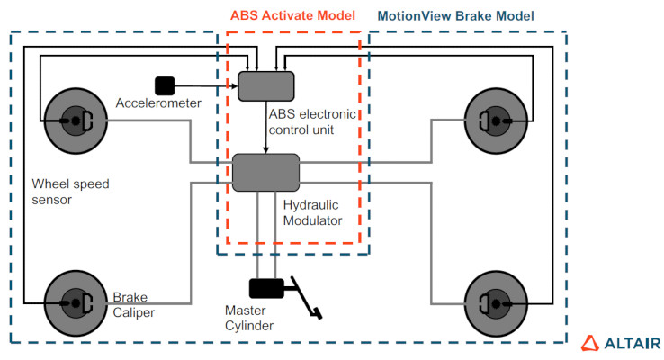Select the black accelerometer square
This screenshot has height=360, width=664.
tap(165, 85)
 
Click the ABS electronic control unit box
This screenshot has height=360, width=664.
tap(265, 85)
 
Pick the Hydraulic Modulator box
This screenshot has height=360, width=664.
tap(265, 172)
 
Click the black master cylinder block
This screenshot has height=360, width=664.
tap(266, 288)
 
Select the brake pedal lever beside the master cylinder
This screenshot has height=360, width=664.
tap(306, 299)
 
